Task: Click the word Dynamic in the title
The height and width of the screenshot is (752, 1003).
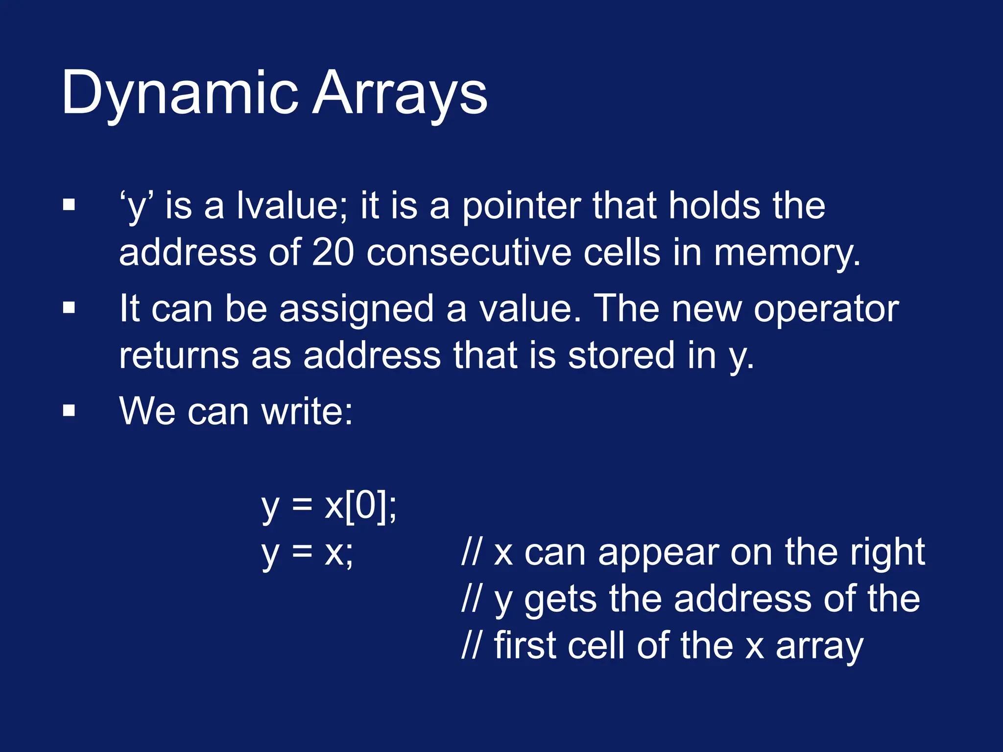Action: (x=179, y=93)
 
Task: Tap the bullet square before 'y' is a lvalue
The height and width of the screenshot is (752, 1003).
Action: (x=69, y=205)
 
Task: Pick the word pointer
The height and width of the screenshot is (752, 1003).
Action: (x=521, y=207)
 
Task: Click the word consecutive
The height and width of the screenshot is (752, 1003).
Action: (x=469, y=253)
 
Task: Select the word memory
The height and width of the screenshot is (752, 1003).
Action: (x=787, y=254)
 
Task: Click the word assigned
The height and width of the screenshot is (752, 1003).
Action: (x=356, y=309)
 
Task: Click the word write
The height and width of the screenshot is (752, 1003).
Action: (x=307, y=411)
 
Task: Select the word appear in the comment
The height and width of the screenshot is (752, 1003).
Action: (x=658, y=553)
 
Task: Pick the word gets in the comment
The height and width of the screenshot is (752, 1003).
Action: (x=560, y=599)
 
